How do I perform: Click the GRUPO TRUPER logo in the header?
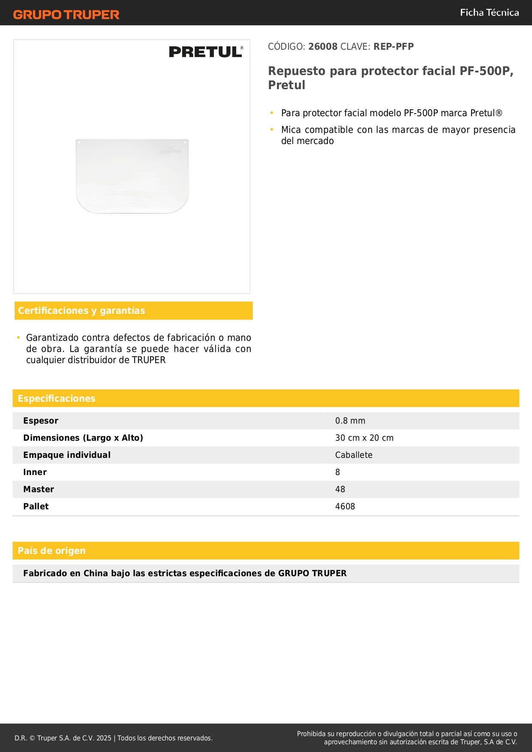(66, 15)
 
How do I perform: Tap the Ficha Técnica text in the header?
(489, 13)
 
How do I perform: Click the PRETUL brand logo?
(206, 52)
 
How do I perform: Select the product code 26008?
(323, 47)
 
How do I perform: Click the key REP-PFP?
(393, 47)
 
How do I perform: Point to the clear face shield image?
(132, 176)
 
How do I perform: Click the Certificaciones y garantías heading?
(81, 311)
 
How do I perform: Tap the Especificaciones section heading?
(57, 399)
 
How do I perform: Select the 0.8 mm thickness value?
(350, 421)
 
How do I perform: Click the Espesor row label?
(41, 421)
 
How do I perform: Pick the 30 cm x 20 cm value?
(364, 438)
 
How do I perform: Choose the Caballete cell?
(354, 455)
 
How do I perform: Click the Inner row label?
(35, 472)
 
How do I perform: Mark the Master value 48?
(340, 490)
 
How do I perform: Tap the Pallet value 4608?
(345, 507)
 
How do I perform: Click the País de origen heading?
(51, 551)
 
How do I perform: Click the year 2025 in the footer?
(104, 738)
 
